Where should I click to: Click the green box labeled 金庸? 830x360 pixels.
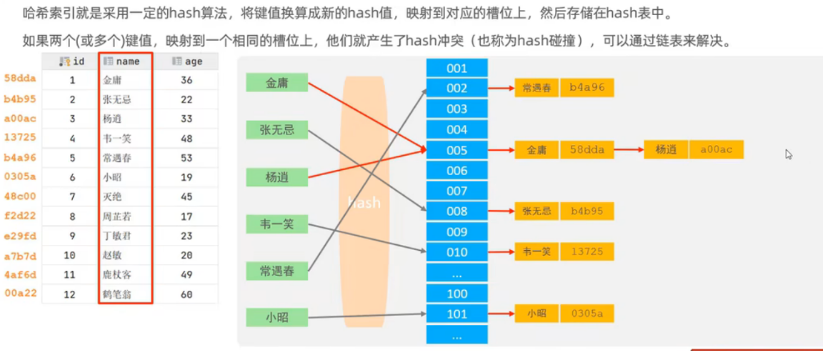tap(277, 83)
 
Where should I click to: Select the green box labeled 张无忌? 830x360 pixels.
tap(277, 129)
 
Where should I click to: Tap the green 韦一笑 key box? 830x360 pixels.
tap(277, 224)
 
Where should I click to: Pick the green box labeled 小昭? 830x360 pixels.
tap(277, 317)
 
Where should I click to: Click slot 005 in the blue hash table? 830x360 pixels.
tap(456, 151)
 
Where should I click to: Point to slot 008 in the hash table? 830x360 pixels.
tap(456, 211)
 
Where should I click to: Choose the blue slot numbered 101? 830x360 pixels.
tap(456, 314)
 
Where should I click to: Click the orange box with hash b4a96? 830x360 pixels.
tap(587, 88)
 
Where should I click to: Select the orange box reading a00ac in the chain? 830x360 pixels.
tap(716, 150)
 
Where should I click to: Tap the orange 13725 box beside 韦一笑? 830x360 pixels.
tap(587, 251)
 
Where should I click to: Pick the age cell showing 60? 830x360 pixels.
tap(187, 294)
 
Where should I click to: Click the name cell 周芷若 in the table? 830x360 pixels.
tap(117, 216)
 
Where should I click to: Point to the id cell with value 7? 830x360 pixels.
tap(72, 196)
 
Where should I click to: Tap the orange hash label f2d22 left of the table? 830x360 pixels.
tap(20, 216)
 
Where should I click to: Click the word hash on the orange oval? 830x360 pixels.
tap(364, 203)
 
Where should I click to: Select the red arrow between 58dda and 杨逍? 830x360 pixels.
tap(629, 150)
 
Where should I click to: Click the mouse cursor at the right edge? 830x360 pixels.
tap(789, 154)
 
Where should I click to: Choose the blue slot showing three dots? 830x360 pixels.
tap(456, 273)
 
